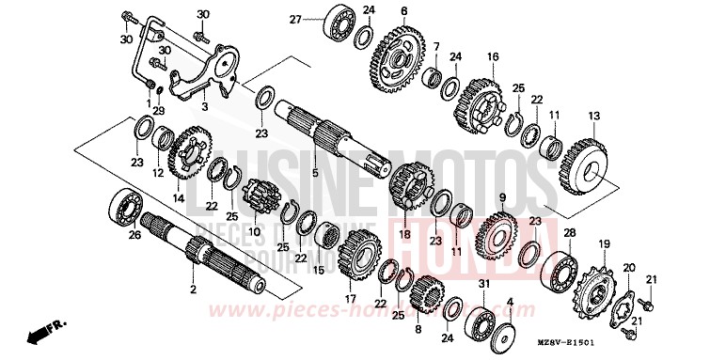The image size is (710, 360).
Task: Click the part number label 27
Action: click(x=294, y=20)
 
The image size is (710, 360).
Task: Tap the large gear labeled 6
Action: click(x=399, y=57)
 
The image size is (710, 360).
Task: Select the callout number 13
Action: click(x=593, y=116)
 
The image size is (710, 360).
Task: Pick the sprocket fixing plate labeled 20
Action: click(x=623, y=299)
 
